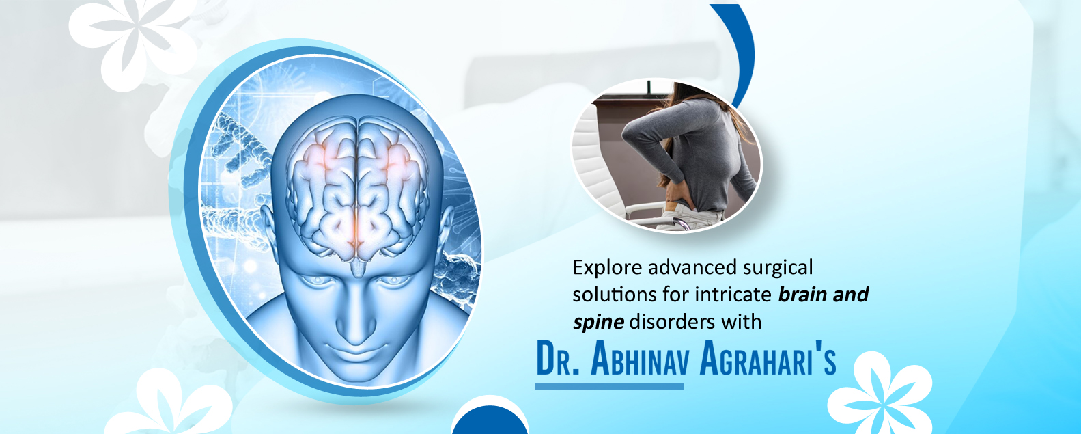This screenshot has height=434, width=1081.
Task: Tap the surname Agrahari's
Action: [768, 359]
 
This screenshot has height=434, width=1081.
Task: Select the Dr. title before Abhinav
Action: [557, 359]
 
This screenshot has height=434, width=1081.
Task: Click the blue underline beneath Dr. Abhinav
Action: [610, 386]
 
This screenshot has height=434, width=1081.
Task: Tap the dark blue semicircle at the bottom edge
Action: [490, 421]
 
